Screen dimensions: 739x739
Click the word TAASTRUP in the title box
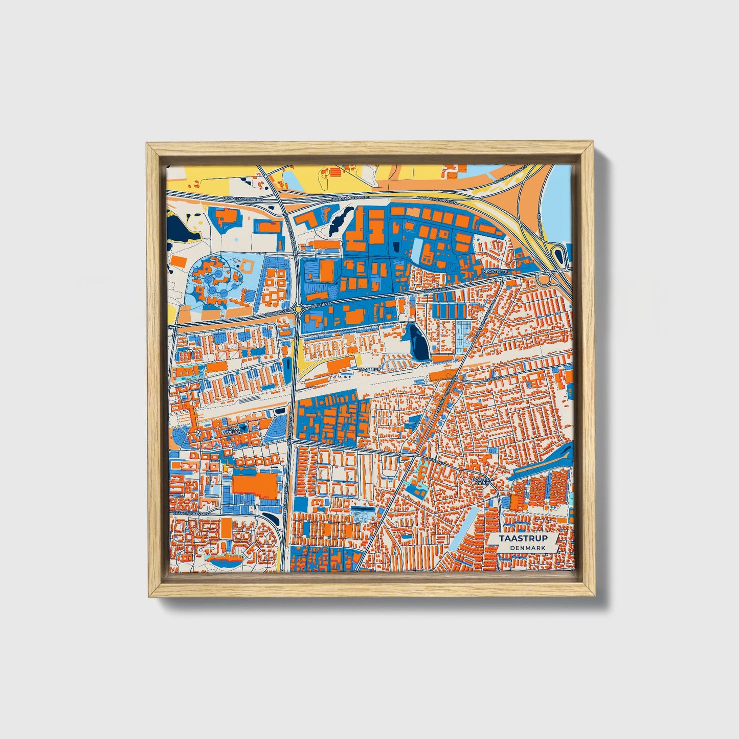point(523,539)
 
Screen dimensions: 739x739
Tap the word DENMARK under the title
point(527,548)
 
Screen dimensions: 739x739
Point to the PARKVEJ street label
point(493,379)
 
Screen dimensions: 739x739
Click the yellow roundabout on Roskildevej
point(298,309)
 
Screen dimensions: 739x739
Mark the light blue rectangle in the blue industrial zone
point(418,250)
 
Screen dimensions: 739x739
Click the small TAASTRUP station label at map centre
point(370,369)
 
